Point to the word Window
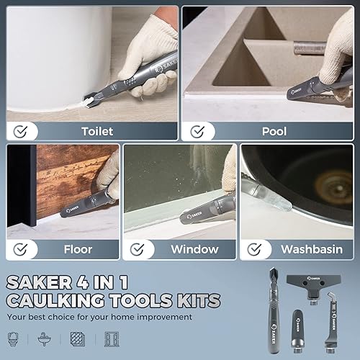[x=194, y=250]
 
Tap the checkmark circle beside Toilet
[x=20, y=132]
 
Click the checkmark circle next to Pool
[x=196, y=132]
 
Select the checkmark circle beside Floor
[x=21, y=249]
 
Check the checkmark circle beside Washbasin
[x=254, y=249]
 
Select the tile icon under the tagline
[x=77, y=338]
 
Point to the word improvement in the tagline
[x=161, y=317]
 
